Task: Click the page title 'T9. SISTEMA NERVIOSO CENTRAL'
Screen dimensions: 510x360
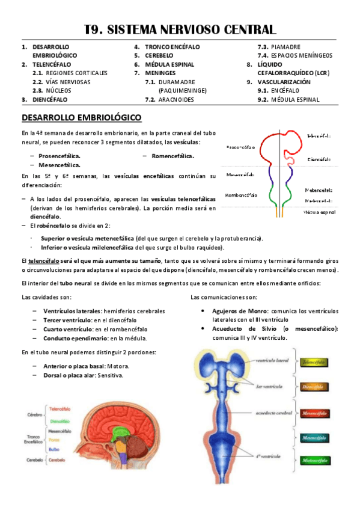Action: click(x=180, y=29)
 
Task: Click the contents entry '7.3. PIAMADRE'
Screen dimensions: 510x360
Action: click(x=279, y=47)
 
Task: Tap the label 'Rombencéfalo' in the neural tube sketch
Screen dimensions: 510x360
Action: click(x=240, y=195)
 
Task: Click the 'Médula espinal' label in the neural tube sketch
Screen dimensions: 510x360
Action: click(x=318, y=212)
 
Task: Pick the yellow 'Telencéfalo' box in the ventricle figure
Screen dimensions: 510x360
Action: click(x=314, y=362)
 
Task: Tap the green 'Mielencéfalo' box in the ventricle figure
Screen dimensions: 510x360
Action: click(x=314, y=460)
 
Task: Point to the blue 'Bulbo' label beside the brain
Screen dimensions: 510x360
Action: click(x=54, y=449)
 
